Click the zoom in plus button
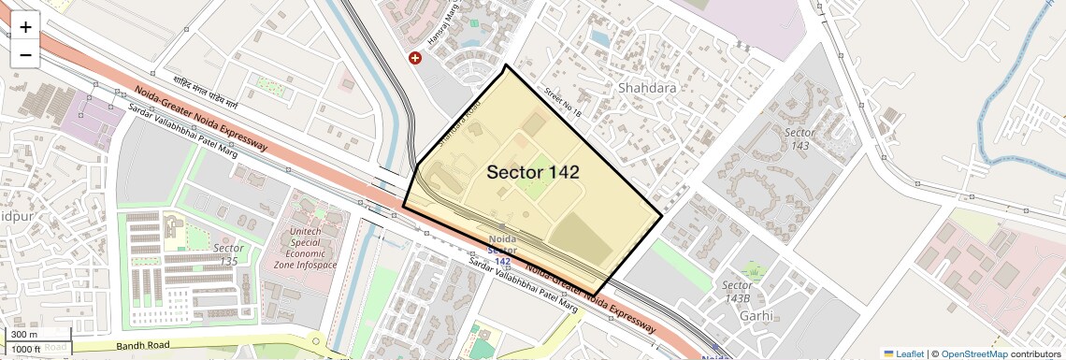25,27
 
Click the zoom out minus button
25,54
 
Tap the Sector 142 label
533,172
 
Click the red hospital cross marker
415,58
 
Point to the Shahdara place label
647,88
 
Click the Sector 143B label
737,292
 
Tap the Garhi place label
756,315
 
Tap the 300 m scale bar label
24,335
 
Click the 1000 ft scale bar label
26,349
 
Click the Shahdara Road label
460,120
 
